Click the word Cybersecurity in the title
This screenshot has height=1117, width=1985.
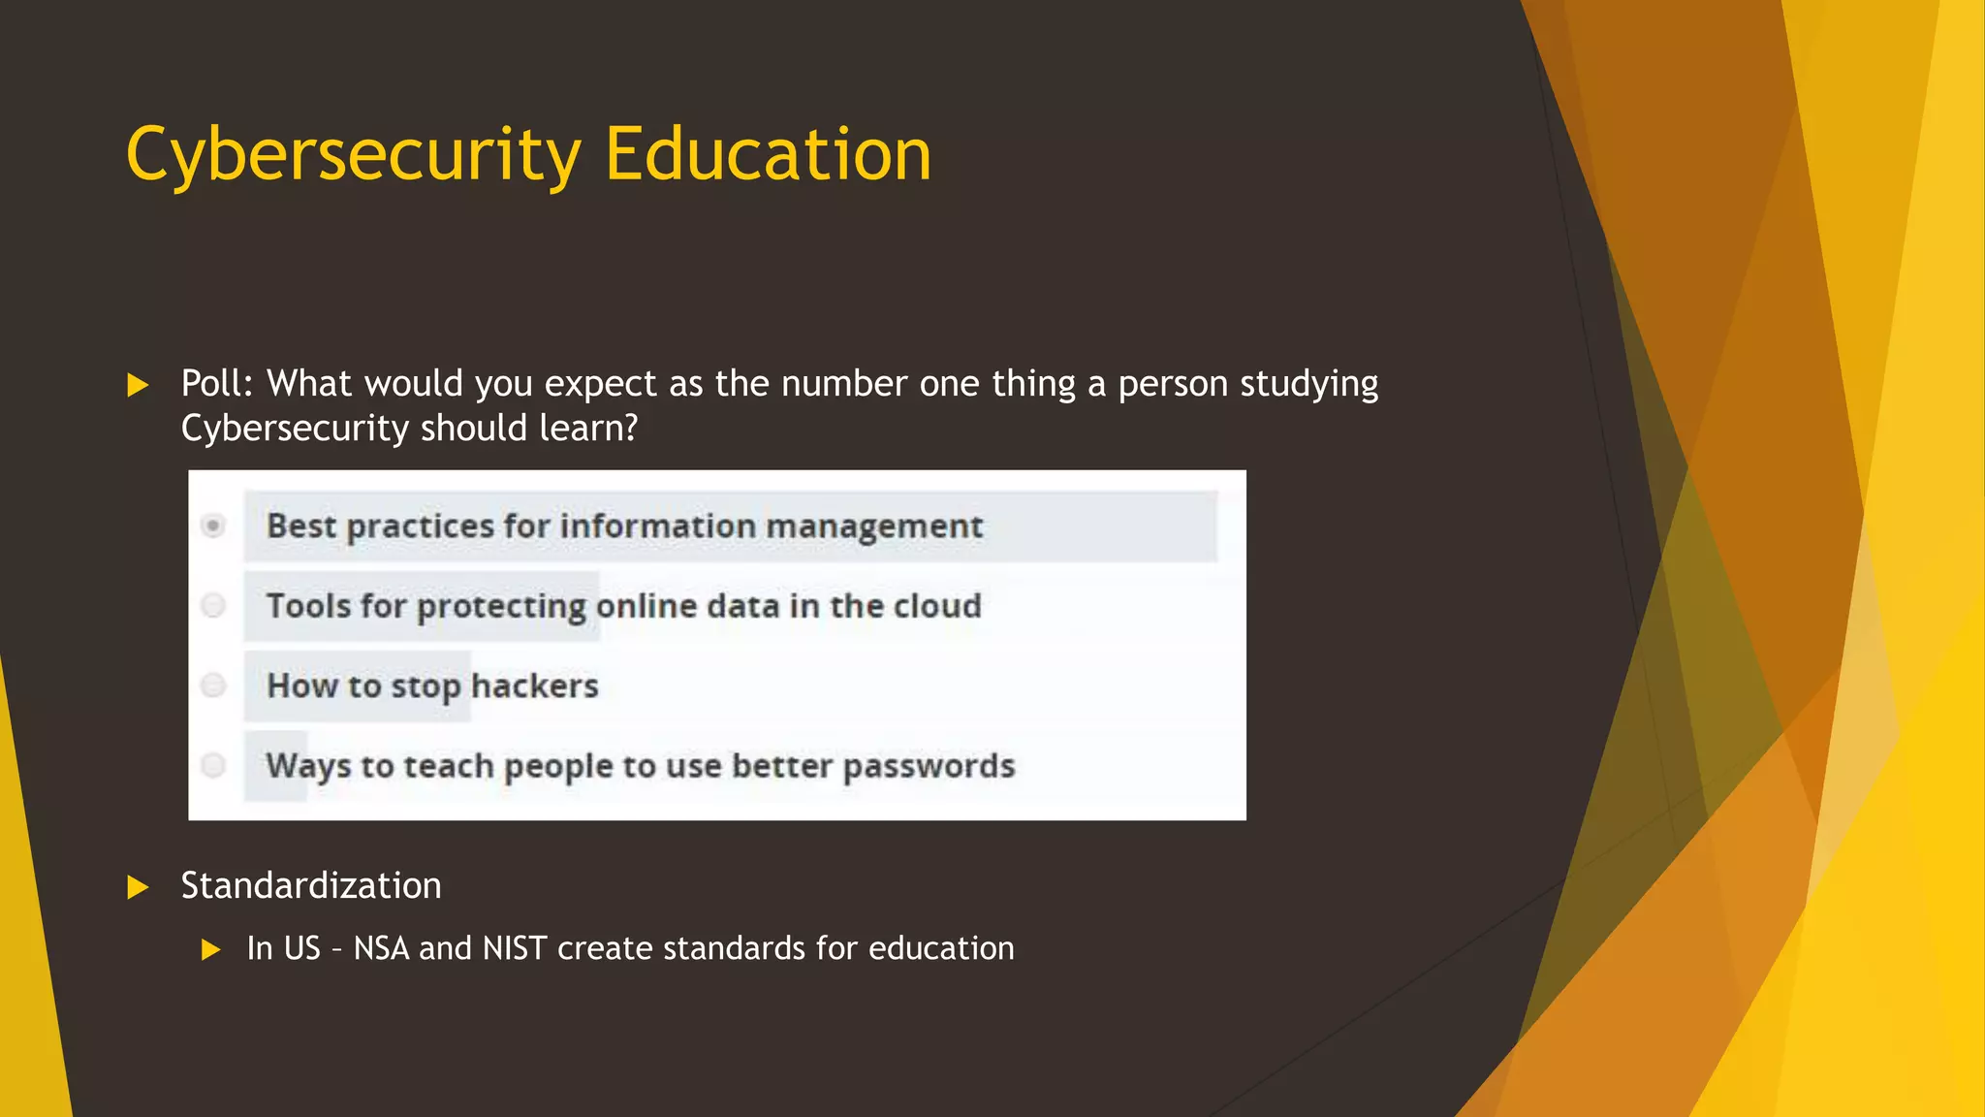click(x=354, y=155)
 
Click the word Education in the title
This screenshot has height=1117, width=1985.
click(x=768, y=155)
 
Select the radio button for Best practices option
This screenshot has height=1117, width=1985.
click(x=213, y=526)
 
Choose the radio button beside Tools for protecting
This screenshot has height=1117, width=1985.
click(x=213, y=606)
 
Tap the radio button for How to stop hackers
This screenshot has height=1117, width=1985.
click(x=213, y=686)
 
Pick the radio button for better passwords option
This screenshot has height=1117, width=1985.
click(x=213, y=765)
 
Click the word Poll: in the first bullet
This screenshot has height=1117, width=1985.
click(x=217, y=384)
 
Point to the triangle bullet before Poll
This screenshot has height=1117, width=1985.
click(x=138, y=385)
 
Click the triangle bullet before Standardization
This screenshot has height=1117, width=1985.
click(x=138, y=887)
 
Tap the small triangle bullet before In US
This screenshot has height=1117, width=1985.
click(x=211, y=949)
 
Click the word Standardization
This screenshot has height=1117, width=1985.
click(x=311, y=885)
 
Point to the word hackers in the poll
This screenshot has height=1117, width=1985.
click(x=534, y=686)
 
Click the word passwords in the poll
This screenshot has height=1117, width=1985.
click(x=929, y=767)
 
